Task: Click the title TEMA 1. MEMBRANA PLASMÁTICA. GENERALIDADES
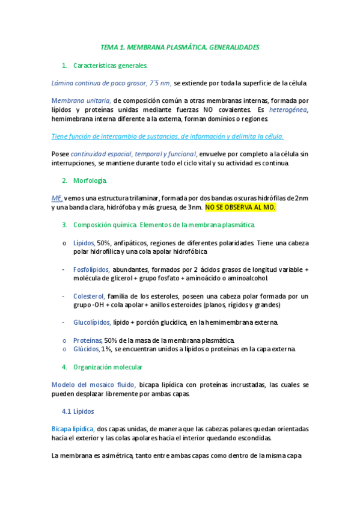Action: [x=180, y=46]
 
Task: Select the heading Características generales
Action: [x=109, y=65]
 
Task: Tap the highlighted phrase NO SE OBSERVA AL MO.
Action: [x=240, y=207]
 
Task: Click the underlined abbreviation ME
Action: [x=57, y=197]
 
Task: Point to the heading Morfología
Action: [x=90, y=180]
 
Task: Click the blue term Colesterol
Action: [x=89, y=296]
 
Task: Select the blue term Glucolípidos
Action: [x=92, y=322]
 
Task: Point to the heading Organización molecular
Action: [x=108, y=367]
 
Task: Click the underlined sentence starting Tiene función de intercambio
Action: [x=168, y=137]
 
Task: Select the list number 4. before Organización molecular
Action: [x=64, y=367]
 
